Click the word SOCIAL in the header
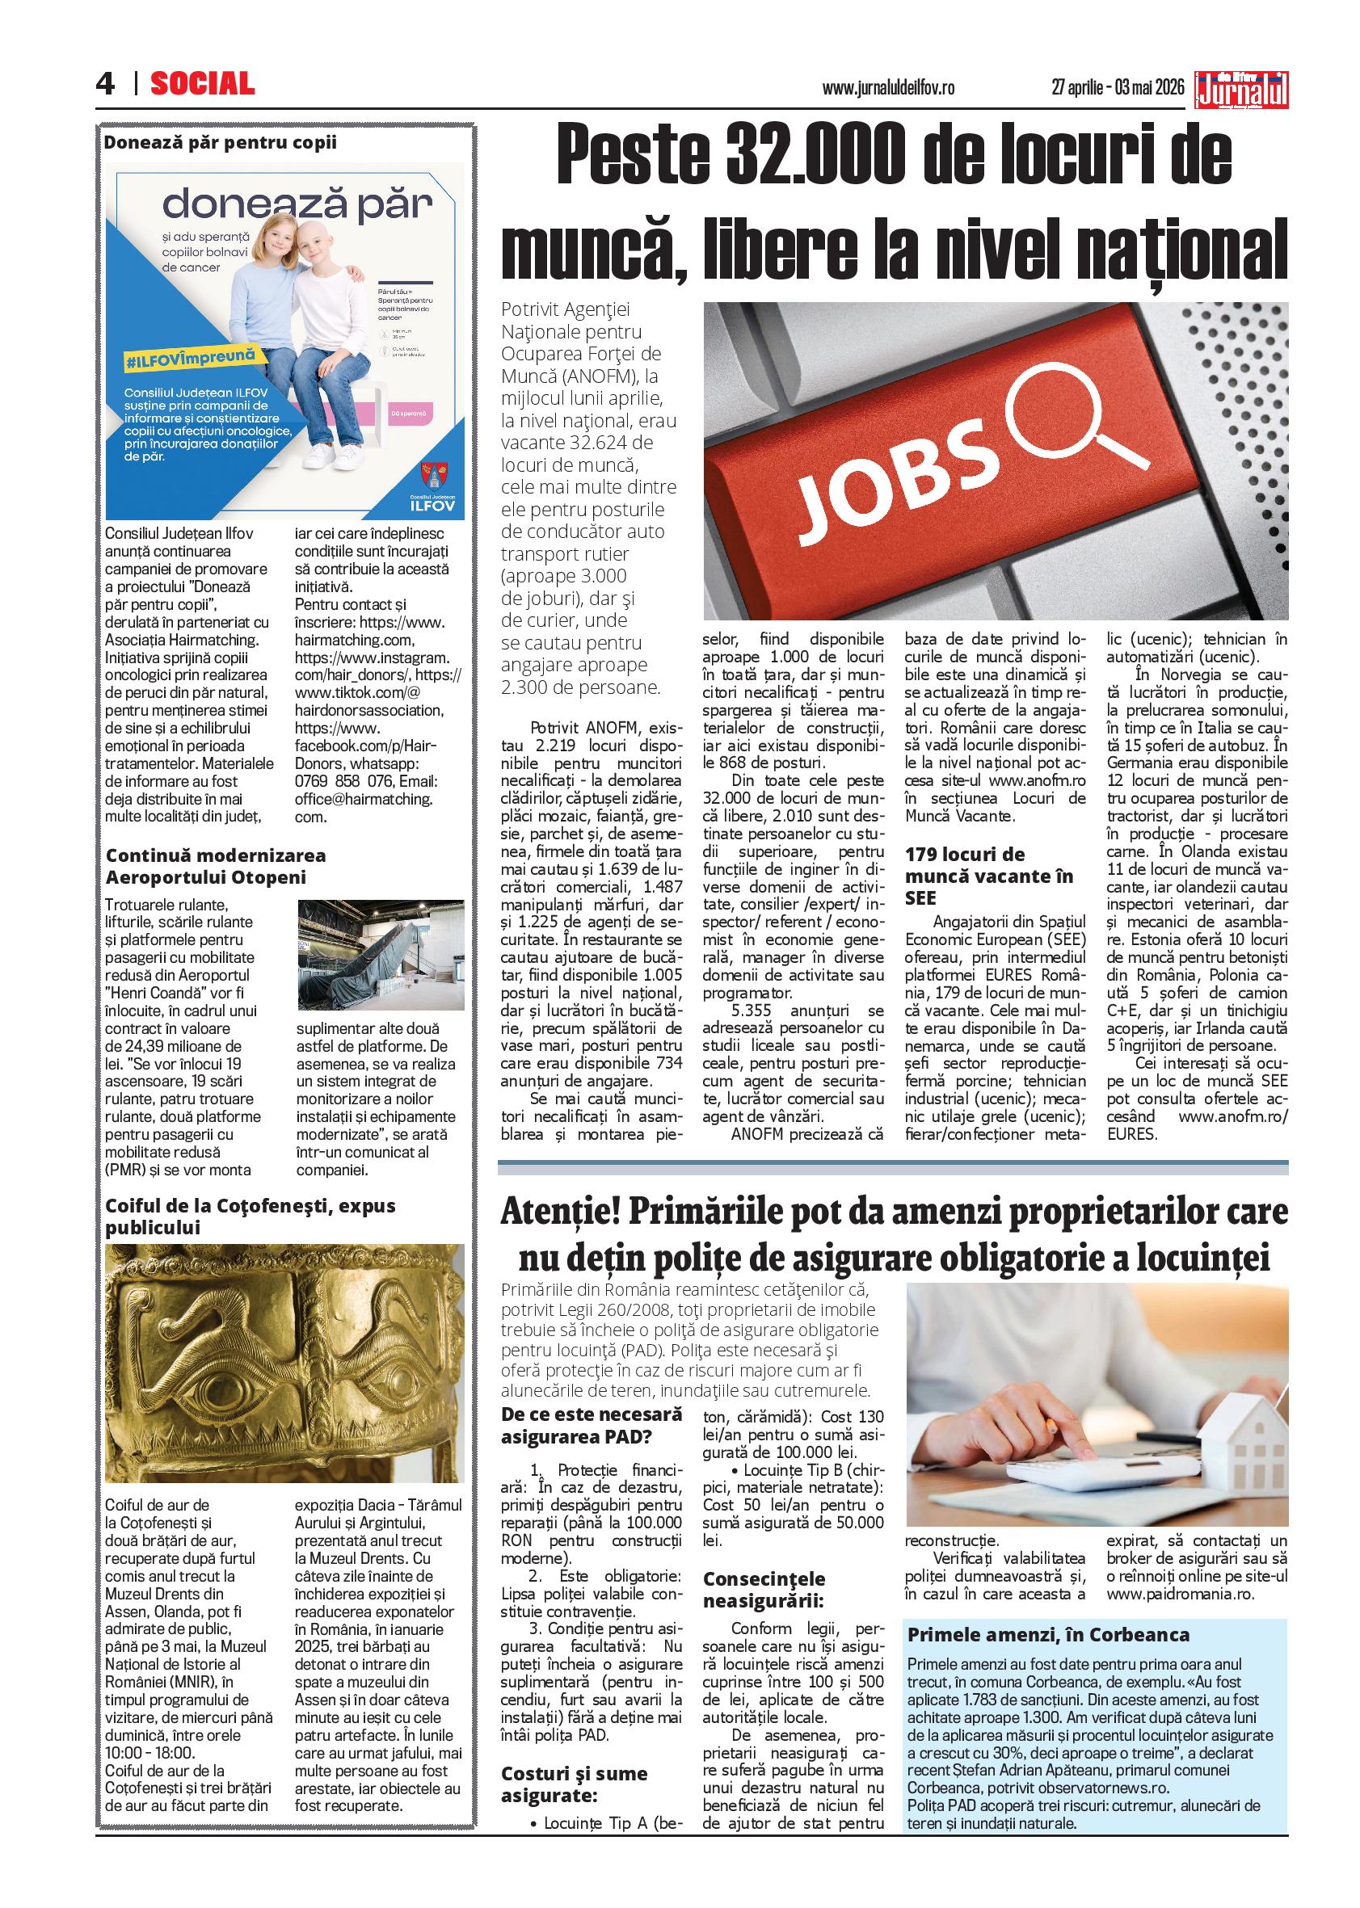[x=203, y=84]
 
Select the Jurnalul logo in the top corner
[x=1242, y=90]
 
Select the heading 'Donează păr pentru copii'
[x=221, y=142]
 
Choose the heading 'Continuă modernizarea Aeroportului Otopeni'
[x=216, y=866]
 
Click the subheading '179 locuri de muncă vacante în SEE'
[x=989, y=876]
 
